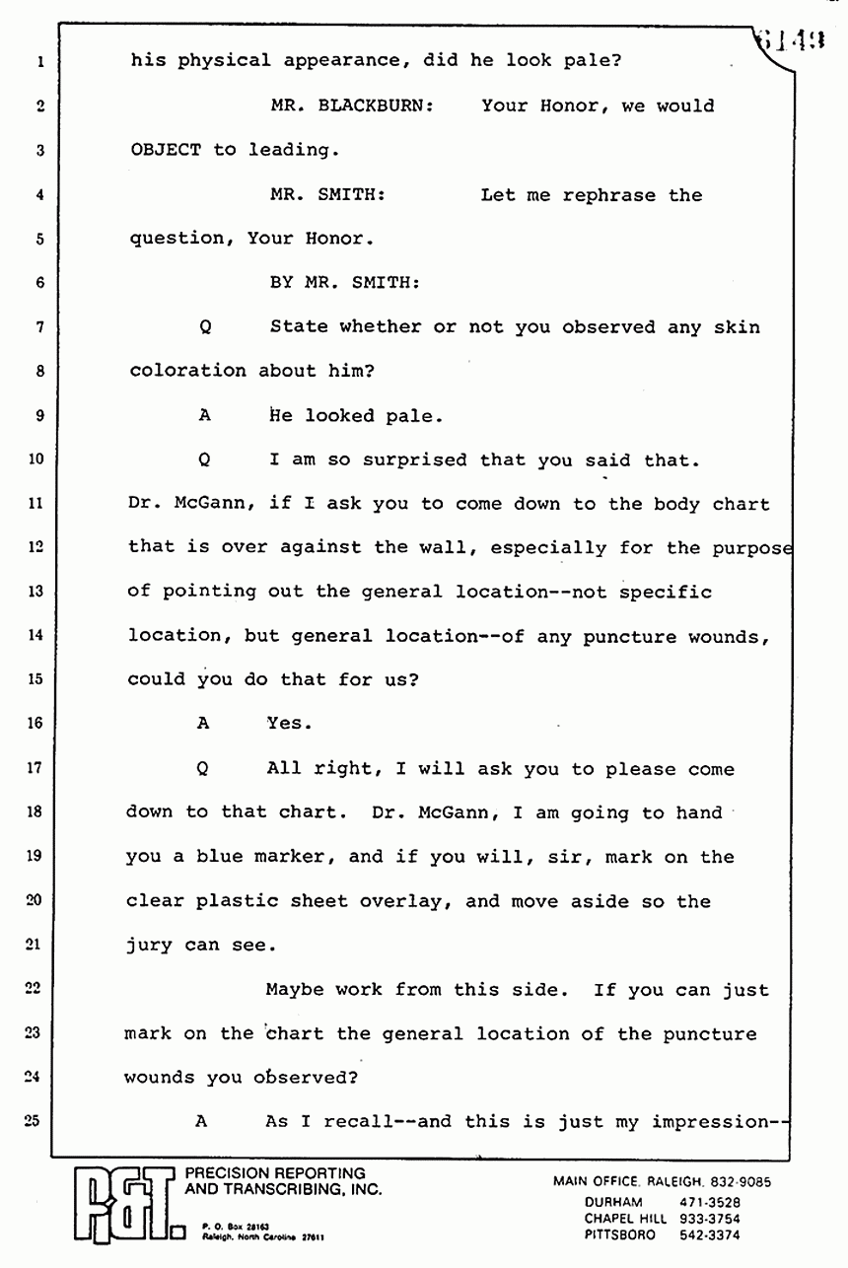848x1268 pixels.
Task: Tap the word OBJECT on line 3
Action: (x=165, y=150)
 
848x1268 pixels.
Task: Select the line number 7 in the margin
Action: (x=39, y=326)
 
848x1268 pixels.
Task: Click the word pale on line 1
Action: (x=587, y=59)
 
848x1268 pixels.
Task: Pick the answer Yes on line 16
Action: (x=289, y=723)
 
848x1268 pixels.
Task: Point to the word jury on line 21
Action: (x=149, y=946)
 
